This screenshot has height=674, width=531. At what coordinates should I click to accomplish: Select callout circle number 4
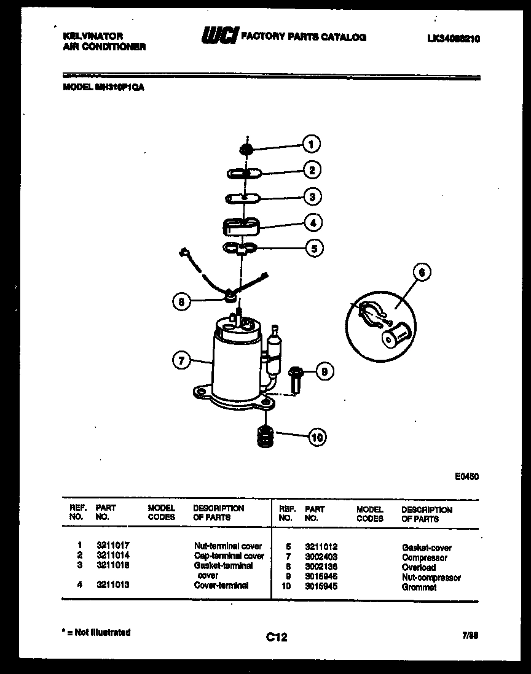pyautogui.click(x=313, y=222)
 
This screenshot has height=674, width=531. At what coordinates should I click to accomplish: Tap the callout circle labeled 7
pyautogui.click(x=180, y=361)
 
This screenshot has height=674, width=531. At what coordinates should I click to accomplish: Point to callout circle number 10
pyautogui.click(x=317, y=438)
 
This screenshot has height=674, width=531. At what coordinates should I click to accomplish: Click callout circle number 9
pyautogui.click(x=324, y=371)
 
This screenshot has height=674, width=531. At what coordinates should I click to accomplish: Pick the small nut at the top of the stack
pyautogui.click(x=245, y=148)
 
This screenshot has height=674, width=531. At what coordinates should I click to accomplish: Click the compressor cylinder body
pyautogui.click(x=237, y=362)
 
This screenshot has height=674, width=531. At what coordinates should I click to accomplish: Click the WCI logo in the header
pyautogui.click(x=218, y=37)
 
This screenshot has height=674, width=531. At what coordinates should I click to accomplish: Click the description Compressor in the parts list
pyautogui.click(x=424, y=558)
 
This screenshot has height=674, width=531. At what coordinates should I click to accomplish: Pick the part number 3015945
pyautogui.click(x=321, y=587)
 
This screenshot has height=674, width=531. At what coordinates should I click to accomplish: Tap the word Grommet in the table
pyautogui.click(x=419, y=587)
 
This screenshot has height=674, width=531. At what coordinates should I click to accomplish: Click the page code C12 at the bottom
pyautogui.click(x=276, y=638)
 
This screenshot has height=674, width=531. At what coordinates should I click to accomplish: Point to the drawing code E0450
pyautogui.click(x=466, y=476)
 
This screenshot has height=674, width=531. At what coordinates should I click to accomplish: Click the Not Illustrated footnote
pyautogui.click(x=96, y=632)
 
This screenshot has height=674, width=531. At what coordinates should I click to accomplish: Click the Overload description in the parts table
pyautogui.click(x=419, y=568)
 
